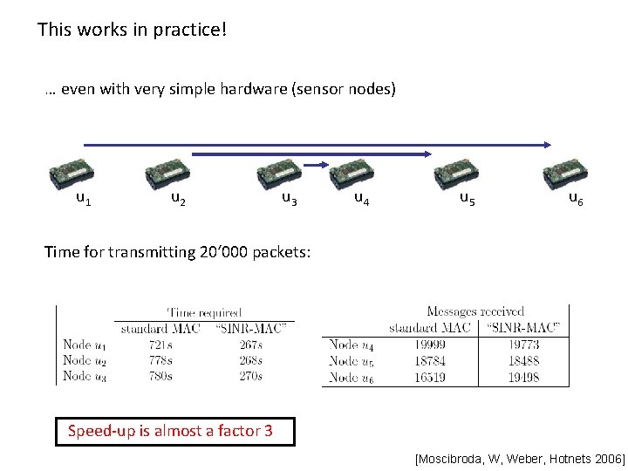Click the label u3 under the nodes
pos(290,199)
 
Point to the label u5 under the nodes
pos(468,199)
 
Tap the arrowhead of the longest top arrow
pos(547,145)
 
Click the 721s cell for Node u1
pos(159,345)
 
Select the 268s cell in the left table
pos(249,360)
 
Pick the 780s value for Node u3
pos(159,376)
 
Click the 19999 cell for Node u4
pos(430,345)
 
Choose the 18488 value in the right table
pos(522,361)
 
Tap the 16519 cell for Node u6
pos(430,377)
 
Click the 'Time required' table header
pos(204,312)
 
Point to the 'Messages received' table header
pos(475,311)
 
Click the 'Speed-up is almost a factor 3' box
pos(175,431)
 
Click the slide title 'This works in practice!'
pos(133,30)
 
